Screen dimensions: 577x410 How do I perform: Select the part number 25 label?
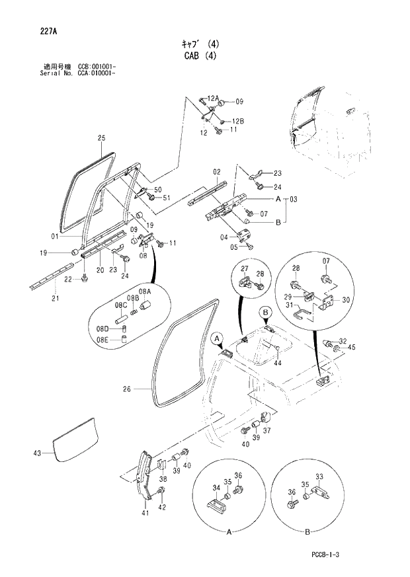pyautogui.click(x=101, y=138)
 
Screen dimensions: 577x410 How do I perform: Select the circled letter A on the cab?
pyautogui.click(x=216, y=338)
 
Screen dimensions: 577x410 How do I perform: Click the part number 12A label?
pyautogui.click(x=212, y=98)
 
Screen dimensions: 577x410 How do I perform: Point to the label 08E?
pyautogui.click(x=102, y=340)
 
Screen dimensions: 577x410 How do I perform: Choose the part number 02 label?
pyautogui.click(x=216, y=172)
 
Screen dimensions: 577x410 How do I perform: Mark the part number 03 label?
pyautogui.click(x=294, y=199)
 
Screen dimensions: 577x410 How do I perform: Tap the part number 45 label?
pyautogui.click(x=351, y=347)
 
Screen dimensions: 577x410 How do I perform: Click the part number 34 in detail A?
pyautogui.click(x=215, y=488)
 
